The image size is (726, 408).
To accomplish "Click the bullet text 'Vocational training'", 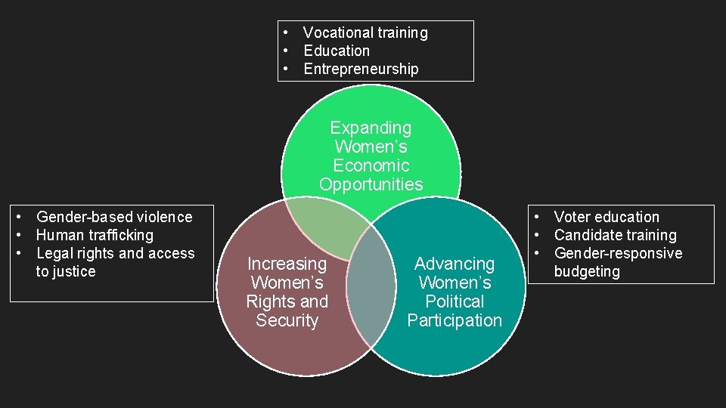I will [365, 32].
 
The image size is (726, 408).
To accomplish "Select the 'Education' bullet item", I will [337, 51].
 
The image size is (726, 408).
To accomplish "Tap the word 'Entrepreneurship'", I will [361, 69].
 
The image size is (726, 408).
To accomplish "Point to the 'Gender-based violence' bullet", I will [114, 217].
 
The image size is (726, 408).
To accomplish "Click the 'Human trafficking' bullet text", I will [95, 235].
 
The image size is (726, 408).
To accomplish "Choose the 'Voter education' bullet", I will [607, 217].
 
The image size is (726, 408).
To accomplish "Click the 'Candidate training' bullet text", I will [615, 235].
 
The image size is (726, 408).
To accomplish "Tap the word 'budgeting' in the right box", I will [587, 271].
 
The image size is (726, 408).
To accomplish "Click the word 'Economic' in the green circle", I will [371, 165].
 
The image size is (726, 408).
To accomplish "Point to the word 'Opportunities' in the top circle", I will [371, 184].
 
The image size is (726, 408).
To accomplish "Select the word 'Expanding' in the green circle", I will [371, 128].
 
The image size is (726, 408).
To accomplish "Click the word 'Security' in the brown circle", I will [287, 320].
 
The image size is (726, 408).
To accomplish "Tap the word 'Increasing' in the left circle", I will [287, 264].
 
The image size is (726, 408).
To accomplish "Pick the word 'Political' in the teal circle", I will [455, 301].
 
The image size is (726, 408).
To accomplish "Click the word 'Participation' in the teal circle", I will [455, 320].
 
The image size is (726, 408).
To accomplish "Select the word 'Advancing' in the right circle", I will [455, 264].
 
